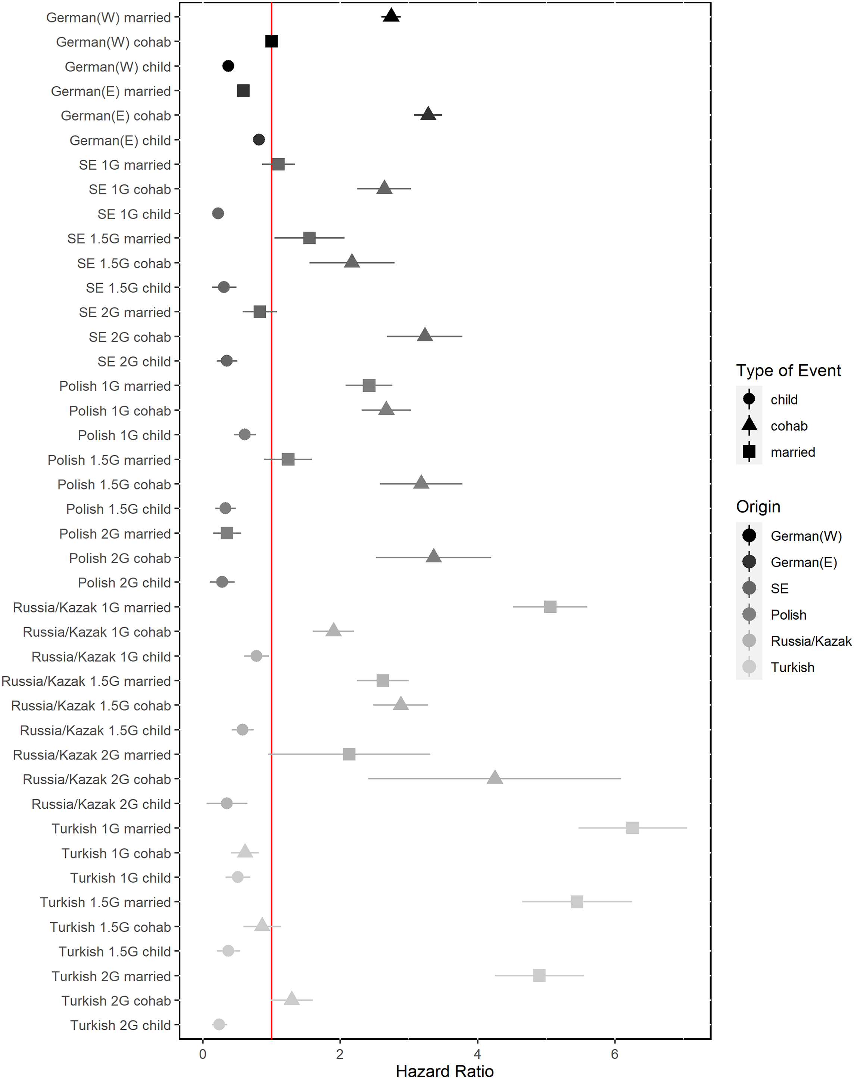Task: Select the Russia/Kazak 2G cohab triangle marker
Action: click(495, 777)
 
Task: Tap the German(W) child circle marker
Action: click(228, 66)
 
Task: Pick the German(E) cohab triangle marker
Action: click(428, 114)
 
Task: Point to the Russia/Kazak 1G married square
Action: click(550, 607)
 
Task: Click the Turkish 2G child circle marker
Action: click(219, 1025)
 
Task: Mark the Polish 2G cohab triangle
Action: click(433, 556)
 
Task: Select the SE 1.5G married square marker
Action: click(309, 238)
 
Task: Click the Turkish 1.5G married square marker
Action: click(577, 902)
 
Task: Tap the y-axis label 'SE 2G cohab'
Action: click(130, 337)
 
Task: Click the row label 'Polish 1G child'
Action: click(125, 436)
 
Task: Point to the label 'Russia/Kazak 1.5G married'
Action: click(87, 682)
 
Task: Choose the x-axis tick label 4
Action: click(477, 1054)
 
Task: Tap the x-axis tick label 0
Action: click(203, 1054)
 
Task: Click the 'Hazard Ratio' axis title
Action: click(445, 1071)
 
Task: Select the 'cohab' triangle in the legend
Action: click(749, 425)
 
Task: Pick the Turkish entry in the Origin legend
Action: click(792, 667)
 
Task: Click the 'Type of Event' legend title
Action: click(789, 371)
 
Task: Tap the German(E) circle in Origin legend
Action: click(749, 562)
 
